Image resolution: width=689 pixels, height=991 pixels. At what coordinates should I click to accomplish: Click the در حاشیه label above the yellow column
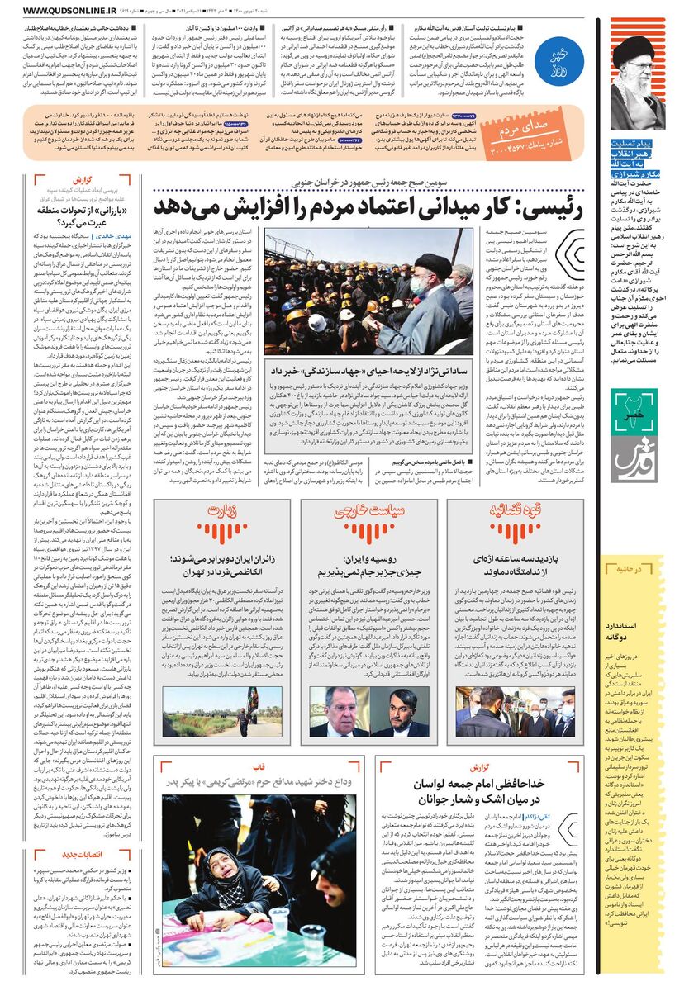click(x=642, y=569)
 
